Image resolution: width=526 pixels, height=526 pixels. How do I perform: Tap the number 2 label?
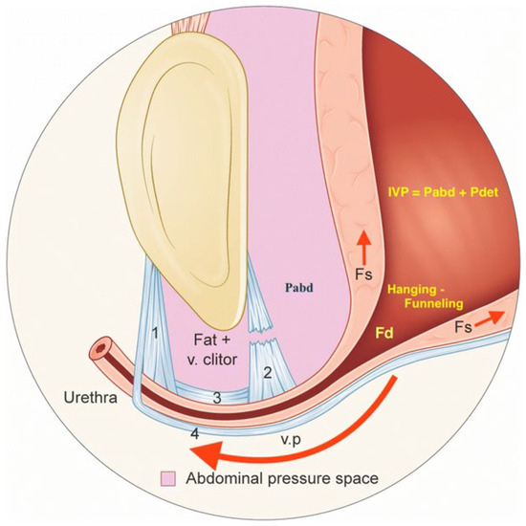(269, 370)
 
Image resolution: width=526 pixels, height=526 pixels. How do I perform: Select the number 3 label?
(217, 398)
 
